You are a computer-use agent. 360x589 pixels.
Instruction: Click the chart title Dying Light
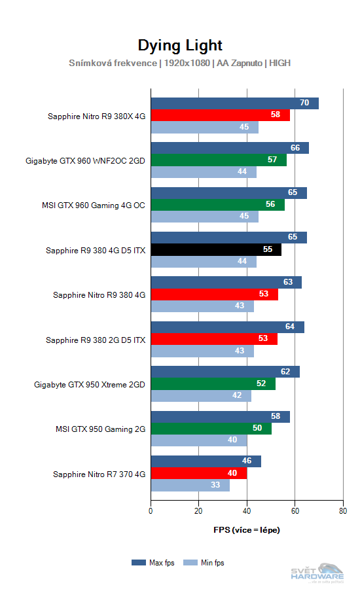[180, 45]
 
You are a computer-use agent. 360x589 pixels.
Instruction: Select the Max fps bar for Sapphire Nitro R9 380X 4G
[234, 103]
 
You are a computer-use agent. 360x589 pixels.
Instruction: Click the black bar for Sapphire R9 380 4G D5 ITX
[216, 249]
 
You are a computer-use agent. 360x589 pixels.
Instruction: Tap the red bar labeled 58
[220, 115]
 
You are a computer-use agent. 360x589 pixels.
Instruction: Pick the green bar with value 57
[219, 160]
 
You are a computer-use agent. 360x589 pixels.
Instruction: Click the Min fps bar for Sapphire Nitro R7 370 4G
[190, 486]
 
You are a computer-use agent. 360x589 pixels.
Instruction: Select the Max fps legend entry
[154, 562]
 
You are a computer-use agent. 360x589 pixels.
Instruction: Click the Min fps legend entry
[206, 562]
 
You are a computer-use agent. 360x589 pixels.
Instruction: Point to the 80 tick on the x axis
[342, 512]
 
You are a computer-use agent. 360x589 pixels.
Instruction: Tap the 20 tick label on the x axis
[199, 512]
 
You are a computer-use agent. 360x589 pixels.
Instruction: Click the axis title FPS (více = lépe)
[247, 529]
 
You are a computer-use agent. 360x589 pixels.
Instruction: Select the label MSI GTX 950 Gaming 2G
[100, 429]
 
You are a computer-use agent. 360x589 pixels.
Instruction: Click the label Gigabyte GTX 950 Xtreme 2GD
[89, 384]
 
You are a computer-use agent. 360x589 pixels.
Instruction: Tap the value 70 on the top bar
[304, 103]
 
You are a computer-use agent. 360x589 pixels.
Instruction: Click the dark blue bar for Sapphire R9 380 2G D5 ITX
[227, 327]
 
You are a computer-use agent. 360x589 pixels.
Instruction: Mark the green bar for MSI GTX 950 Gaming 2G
[211, 428]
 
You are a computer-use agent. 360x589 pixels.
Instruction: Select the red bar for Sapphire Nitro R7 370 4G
[199, 473]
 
